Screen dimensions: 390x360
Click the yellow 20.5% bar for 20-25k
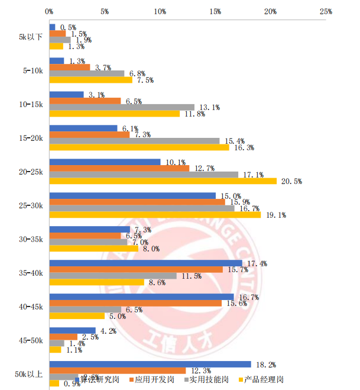coord(163,181)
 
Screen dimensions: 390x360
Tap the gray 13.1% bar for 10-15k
coord(122,107)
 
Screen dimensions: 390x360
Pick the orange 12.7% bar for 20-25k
coord(119,168)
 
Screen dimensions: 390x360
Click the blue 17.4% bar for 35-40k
coord(145,263)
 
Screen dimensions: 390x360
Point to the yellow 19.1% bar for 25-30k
coord(155,215)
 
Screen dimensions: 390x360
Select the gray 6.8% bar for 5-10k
coord(87,73)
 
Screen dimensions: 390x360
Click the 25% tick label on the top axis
coord(326,11)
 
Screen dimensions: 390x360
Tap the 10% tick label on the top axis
coord(160,11)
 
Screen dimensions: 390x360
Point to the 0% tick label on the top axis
coord(49,11)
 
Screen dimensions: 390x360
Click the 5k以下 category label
coord(30,37)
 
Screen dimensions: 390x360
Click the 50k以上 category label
coord(29,374)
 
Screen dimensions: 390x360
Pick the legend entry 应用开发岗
coord(154,379)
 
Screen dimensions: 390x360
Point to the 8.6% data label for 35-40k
coord(157,283)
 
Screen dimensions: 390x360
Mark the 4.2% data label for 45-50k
coord(108,330)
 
